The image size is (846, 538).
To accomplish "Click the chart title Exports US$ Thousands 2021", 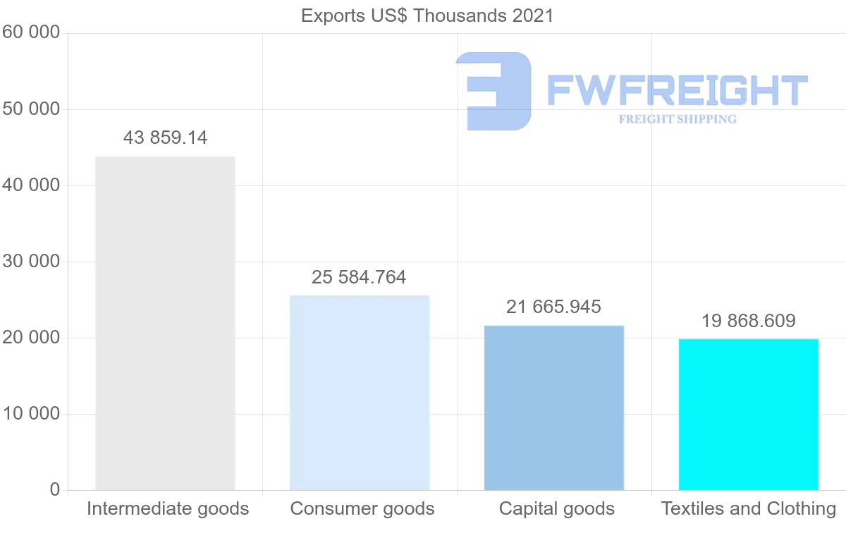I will tap(427, 16).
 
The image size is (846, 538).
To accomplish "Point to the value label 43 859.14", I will tap(165, 137).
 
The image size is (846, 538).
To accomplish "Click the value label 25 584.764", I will tap(359, 277).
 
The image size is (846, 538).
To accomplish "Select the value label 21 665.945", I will tap(553, 307).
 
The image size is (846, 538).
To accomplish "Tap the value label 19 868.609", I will tap(748, 321).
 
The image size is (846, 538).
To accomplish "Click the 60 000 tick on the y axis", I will tap(31, 32).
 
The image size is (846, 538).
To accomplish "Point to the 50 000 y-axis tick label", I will tap(31, 109).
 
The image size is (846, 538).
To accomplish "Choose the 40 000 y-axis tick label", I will tap(31, 185).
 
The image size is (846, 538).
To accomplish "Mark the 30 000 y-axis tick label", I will tap(31, 262).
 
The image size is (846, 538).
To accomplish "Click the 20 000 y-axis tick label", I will tap(31, 338).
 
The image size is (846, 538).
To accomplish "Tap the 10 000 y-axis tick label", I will tap(31, 414).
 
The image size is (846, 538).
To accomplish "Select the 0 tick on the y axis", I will tap(55, 490).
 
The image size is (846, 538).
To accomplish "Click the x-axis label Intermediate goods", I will tap(168, 508).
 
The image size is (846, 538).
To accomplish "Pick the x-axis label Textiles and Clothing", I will tap(749, 508).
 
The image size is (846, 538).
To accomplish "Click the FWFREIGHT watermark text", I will tap(677, 90).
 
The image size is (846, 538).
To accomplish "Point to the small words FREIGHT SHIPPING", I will tap(678, 119).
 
